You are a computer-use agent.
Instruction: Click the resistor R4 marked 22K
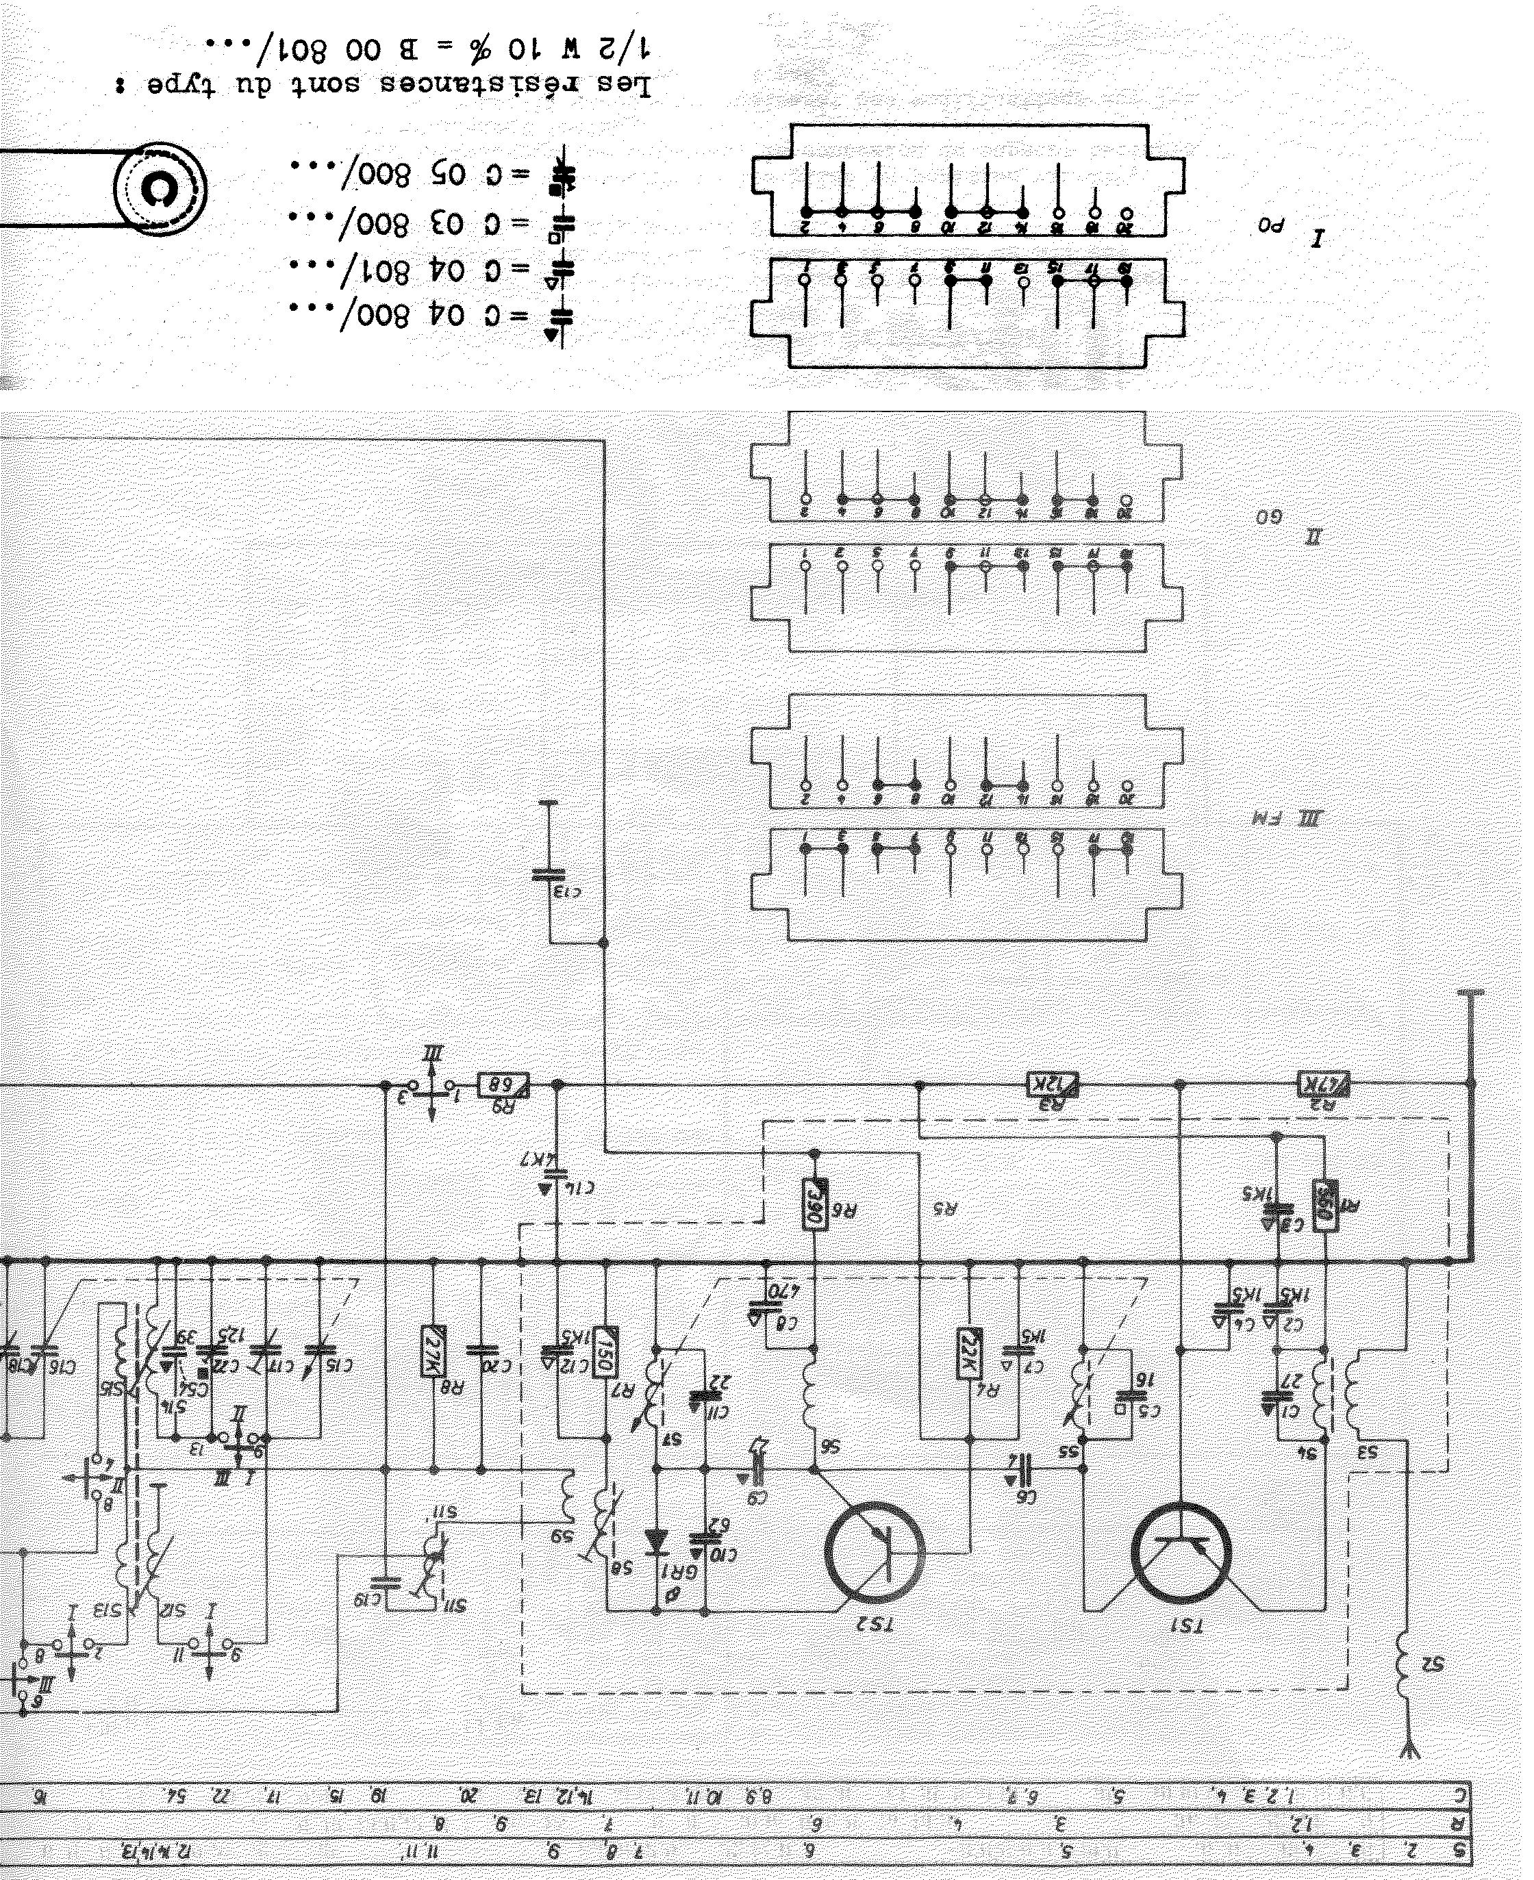(968, 1353)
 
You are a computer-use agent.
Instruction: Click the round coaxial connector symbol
(160, 189)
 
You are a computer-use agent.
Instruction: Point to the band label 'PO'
(1270, 225)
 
